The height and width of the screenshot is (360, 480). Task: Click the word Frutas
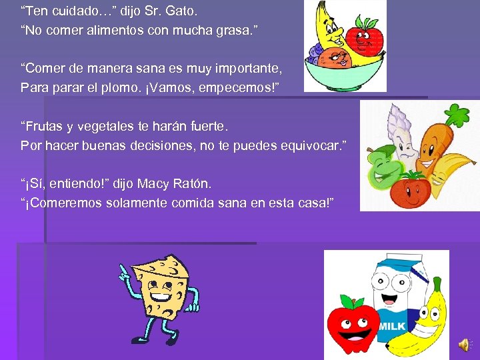coord(45,126)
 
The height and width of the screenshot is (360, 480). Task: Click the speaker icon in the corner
coord(464,344)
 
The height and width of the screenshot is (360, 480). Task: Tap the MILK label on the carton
coord(392,326)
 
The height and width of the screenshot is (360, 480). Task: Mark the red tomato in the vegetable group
coord(410,188)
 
